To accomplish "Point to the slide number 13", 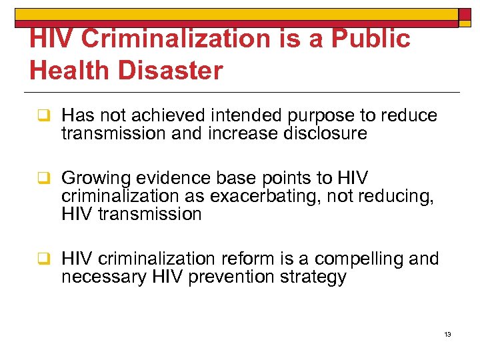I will (447, 334).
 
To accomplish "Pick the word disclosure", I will (321, 133).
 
